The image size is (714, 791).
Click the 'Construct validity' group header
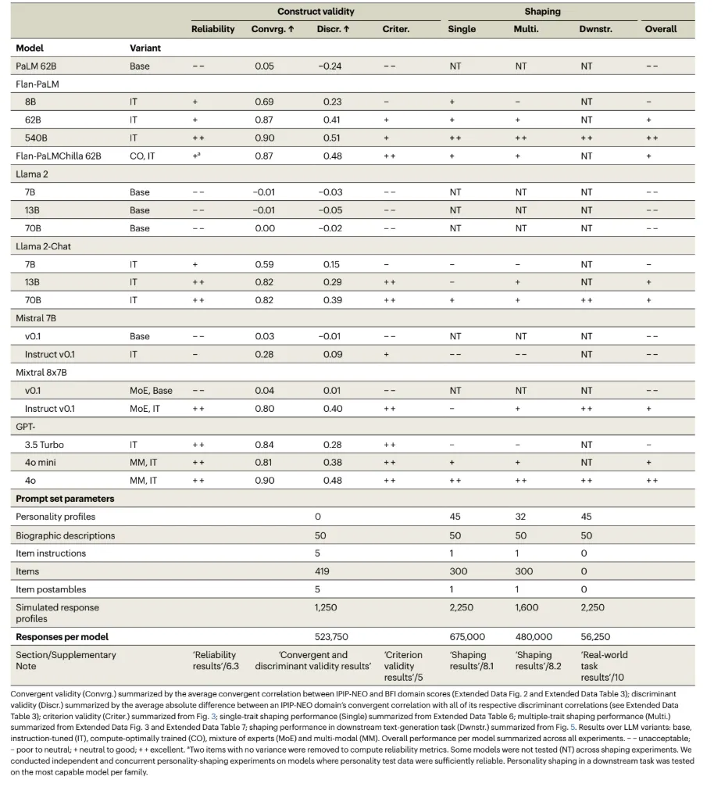[x=316, y=12]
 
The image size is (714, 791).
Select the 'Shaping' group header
[x=542, y=12]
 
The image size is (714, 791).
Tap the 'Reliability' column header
[x=212, y=30]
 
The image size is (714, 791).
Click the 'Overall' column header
[x=660, y=30]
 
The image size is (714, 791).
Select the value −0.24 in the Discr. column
[x=331, y=66]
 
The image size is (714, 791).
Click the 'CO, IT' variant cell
[x=142, y=156]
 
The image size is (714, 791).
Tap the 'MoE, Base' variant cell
[x=149, y=390]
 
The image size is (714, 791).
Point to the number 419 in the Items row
[x=321, y=571]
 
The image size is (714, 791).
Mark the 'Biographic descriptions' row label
[x=65, y=535]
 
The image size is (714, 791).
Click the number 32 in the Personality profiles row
[x=521, y=517]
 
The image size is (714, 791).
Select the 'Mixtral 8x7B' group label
[x=42, y=373]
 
